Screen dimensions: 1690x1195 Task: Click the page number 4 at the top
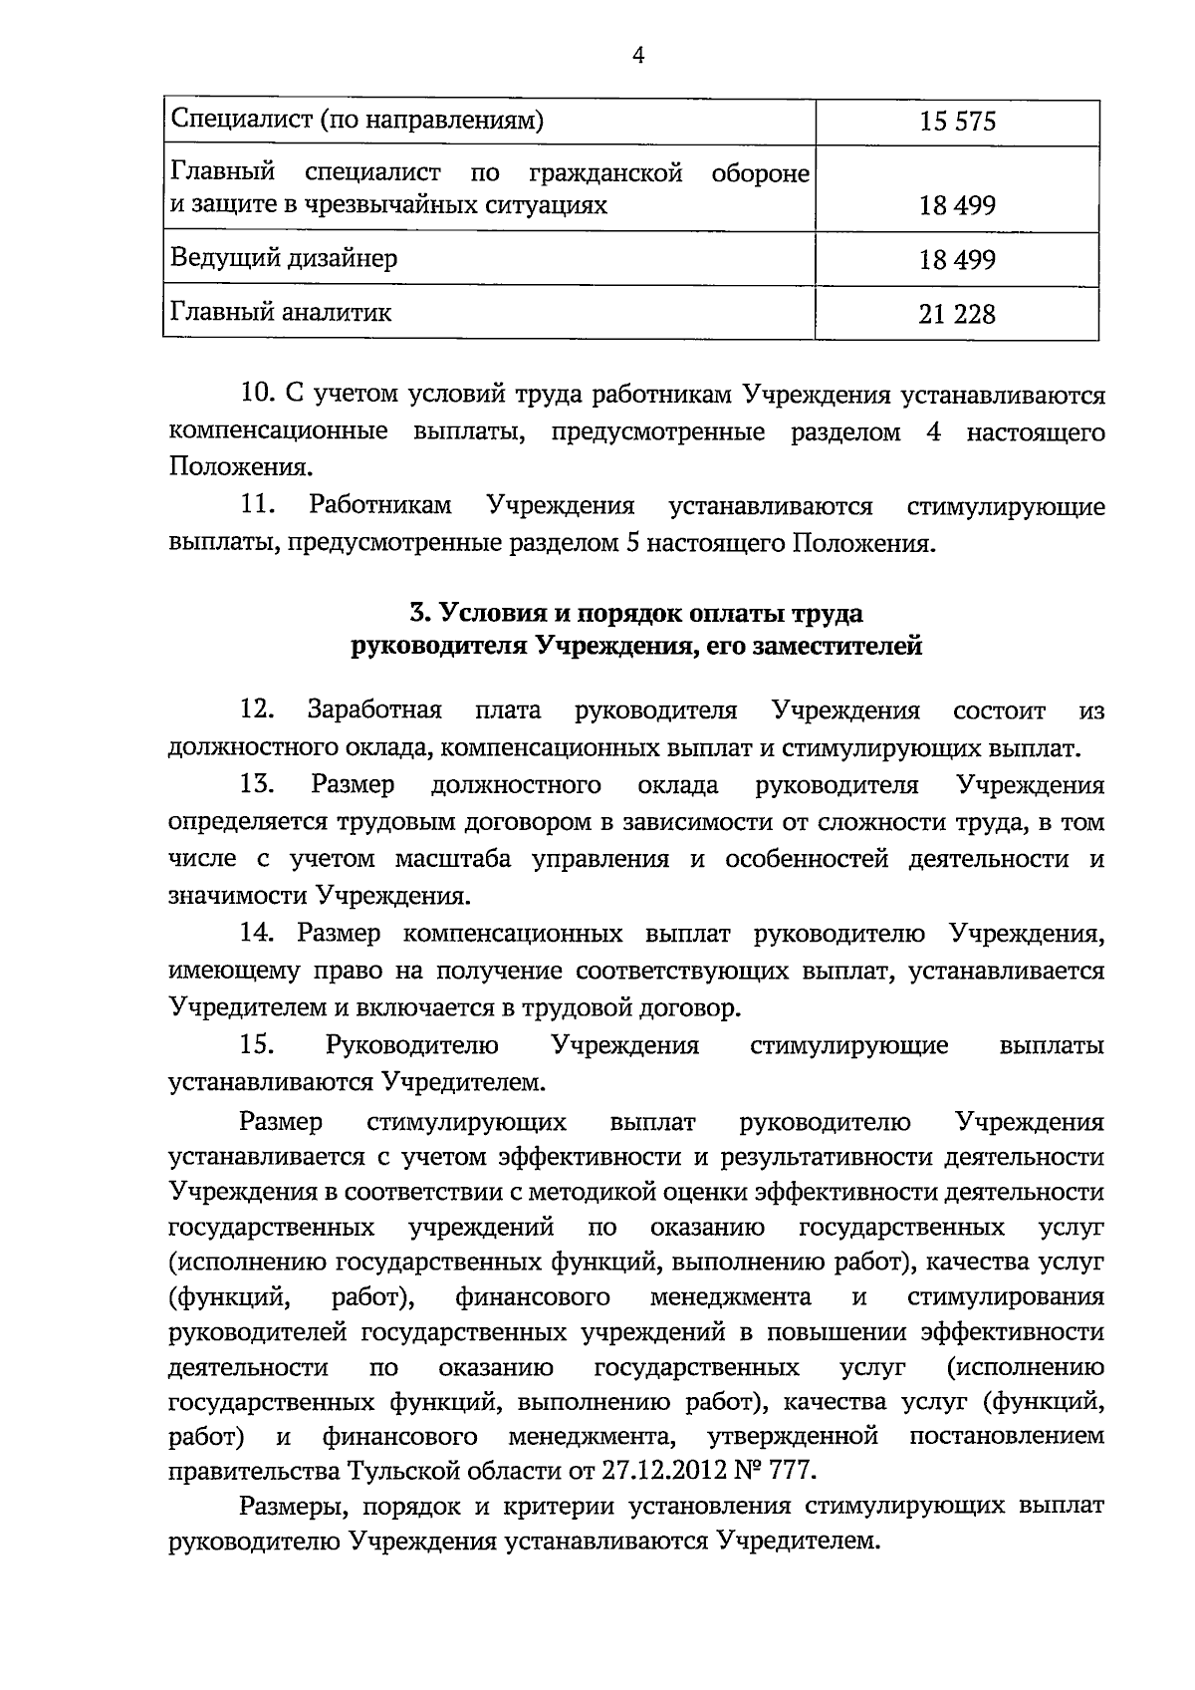(638, 57)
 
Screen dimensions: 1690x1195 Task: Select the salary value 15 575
(957, 123)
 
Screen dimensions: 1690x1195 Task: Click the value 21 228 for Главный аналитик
(957, 314)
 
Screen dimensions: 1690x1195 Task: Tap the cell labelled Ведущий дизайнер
(284, 258)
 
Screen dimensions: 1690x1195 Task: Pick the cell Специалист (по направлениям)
(358, 122)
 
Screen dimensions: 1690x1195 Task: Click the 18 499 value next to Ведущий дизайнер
(957, 260)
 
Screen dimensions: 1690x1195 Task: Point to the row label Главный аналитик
(282, 313)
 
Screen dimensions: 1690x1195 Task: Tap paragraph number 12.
(257, 710)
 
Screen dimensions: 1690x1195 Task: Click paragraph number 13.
(257, 785)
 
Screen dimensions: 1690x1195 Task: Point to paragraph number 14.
(257, 934)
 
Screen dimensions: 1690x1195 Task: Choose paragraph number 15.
(257, 1045)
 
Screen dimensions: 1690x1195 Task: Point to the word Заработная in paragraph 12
(374, 710)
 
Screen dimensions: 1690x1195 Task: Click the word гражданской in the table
(605, 173)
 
